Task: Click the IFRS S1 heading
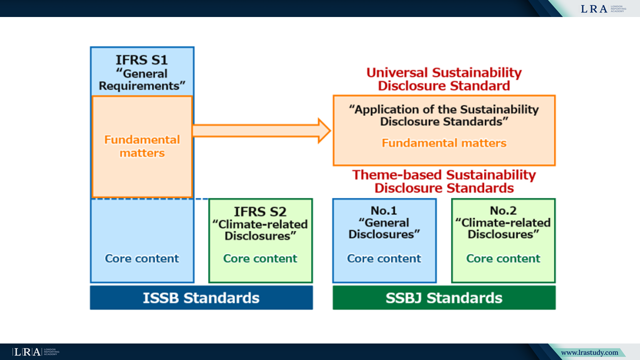point(142,60)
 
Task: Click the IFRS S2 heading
point(260,211)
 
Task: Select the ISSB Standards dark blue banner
point(201,298)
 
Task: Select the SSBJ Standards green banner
point(444,298)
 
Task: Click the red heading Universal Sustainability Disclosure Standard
point(444,79)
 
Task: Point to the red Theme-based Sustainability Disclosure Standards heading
point(444,181)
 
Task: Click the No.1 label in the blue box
point(384,211)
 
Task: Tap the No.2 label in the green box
point(503,211)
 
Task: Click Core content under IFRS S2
point(260,258)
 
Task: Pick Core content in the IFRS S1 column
point(142,258)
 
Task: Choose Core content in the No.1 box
point(384,258)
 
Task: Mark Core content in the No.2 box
point(503,258)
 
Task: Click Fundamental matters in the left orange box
point(142,146)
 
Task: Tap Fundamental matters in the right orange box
point(444,143)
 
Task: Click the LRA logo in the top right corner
point(603,8)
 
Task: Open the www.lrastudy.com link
point(589,352)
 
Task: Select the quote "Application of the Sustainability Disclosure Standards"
point(444,115)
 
